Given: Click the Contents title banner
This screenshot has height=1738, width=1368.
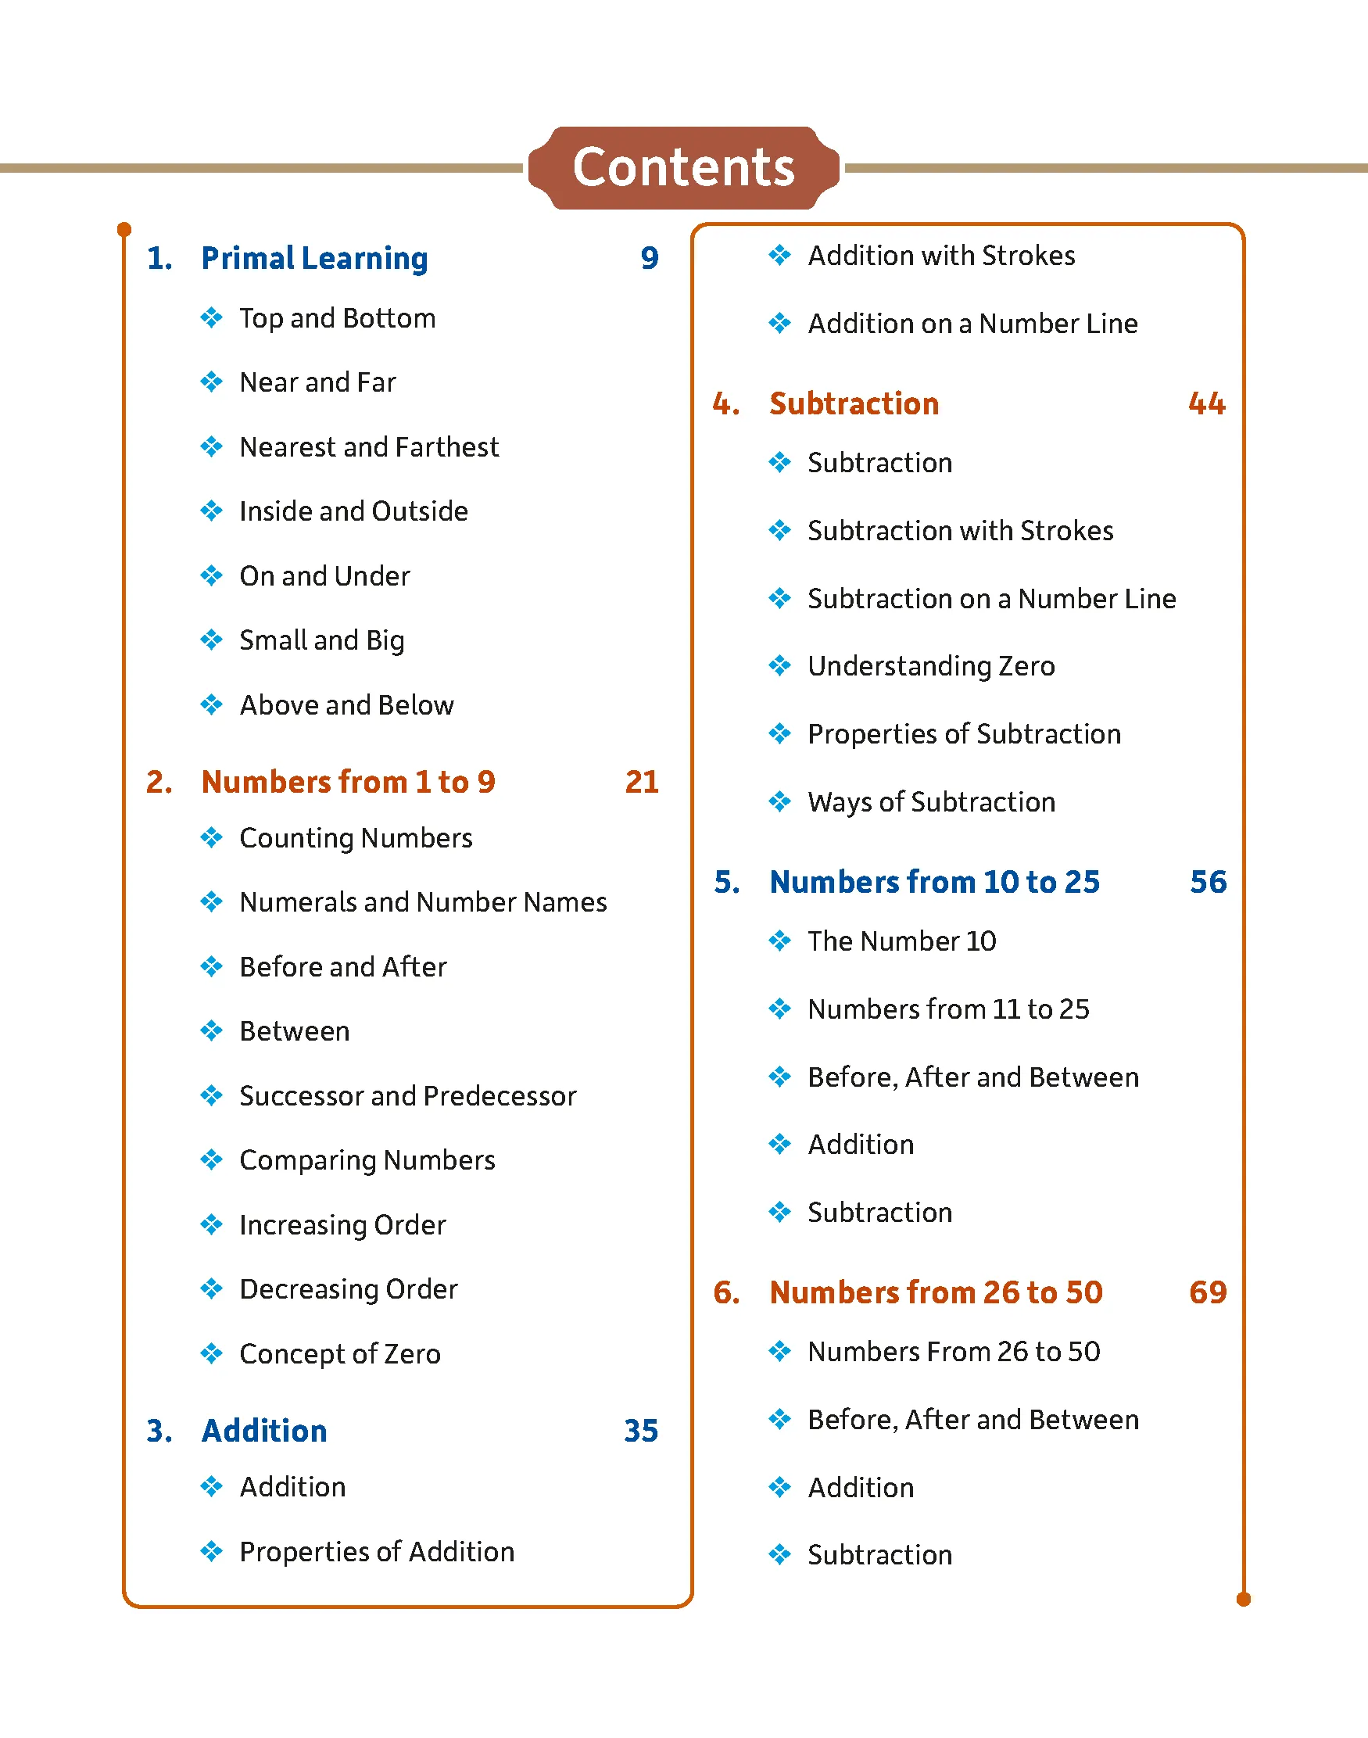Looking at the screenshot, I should pos(683,167).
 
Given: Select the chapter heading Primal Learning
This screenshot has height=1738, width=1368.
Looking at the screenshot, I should pos(314,258).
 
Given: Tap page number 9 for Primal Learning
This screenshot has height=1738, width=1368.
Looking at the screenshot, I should pos(649,258).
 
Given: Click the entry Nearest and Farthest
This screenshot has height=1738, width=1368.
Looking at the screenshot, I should pos(368,447).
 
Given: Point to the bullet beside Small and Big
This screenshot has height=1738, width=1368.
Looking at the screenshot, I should pos(211,640).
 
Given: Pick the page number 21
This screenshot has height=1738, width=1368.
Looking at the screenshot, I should pos(642,782).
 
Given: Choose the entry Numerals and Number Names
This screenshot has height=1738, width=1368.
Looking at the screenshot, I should pos(423,903).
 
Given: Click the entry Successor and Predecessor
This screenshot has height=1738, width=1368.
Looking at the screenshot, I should pos(408,1095).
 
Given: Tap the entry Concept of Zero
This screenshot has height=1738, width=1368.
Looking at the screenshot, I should pos(339,1354).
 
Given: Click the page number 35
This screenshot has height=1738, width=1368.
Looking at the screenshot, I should pos(641,1432).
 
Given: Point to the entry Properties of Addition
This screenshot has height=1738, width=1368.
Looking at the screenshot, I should pos(377,1552).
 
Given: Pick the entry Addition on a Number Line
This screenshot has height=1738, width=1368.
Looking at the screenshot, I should pos(972,324).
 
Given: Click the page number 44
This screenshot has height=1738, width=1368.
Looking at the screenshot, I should pos(1206,403).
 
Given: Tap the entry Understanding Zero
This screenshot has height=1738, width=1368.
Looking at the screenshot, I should pos(931,666).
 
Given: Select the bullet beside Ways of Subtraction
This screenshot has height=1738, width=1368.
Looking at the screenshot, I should pos(779,801).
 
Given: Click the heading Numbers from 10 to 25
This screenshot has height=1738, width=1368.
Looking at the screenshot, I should pos(934,882).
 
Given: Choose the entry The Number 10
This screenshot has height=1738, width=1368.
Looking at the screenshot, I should pos(901,941).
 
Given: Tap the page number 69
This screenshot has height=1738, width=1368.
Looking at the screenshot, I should pos(1207,1292).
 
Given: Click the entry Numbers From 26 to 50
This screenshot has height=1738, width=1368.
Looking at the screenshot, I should pos(953,1352).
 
